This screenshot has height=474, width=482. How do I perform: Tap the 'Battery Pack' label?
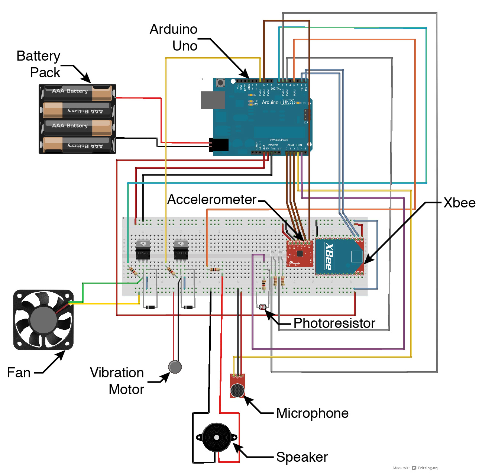39,64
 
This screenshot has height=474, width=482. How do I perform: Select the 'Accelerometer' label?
212,200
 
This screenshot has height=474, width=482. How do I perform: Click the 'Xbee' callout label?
459,203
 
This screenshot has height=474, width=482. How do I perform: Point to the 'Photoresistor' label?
334,323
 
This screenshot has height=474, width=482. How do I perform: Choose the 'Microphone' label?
312,413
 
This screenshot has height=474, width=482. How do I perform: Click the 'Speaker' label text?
302,457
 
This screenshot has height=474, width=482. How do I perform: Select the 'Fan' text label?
19,373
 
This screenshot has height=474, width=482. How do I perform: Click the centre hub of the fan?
43,320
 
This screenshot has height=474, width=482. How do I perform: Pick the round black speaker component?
217,437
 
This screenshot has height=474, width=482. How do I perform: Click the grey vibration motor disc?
175,367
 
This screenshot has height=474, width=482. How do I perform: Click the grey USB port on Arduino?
213,100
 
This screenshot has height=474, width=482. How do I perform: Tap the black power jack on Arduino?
219,145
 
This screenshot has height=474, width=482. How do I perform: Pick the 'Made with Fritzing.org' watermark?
415,468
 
